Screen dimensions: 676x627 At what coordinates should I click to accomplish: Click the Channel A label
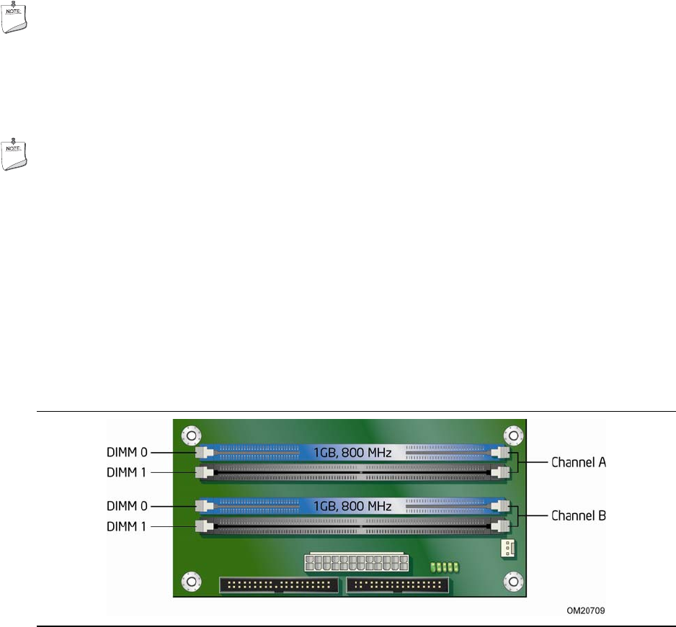[579, 463]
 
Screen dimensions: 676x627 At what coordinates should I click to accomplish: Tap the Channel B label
[579, 515]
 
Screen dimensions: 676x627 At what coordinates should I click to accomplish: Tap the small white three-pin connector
[507, 549]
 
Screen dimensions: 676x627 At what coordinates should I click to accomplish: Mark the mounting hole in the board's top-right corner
[512, 436]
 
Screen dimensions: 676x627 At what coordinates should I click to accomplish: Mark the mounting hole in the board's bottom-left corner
[190, 579]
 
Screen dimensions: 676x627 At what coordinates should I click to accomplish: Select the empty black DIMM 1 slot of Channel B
[353, 526]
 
